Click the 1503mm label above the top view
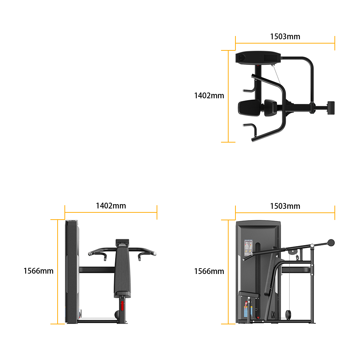click(285, 36)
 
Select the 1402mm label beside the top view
click(209, 95)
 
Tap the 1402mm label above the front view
click(111, 206)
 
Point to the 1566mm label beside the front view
click(39, 271)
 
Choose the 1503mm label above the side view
click(285, 206)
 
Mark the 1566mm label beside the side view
click(209, 271)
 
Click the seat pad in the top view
click(249, 108)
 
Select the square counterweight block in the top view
click(331, 108)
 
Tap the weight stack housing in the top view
click(258, 57)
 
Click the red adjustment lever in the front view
click(122, 306)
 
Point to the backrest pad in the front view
click(122, 271)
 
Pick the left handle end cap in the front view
click(90, 254)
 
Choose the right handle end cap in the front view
click(155, 254)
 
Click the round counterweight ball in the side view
click(331, 243)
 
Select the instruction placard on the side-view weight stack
click(248, 248)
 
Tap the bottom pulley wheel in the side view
click(288, 315)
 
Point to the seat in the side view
click(249, 294)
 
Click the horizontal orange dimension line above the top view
click(285, 43)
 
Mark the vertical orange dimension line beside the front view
click(58, 272)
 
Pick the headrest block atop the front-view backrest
click(122, 242)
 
